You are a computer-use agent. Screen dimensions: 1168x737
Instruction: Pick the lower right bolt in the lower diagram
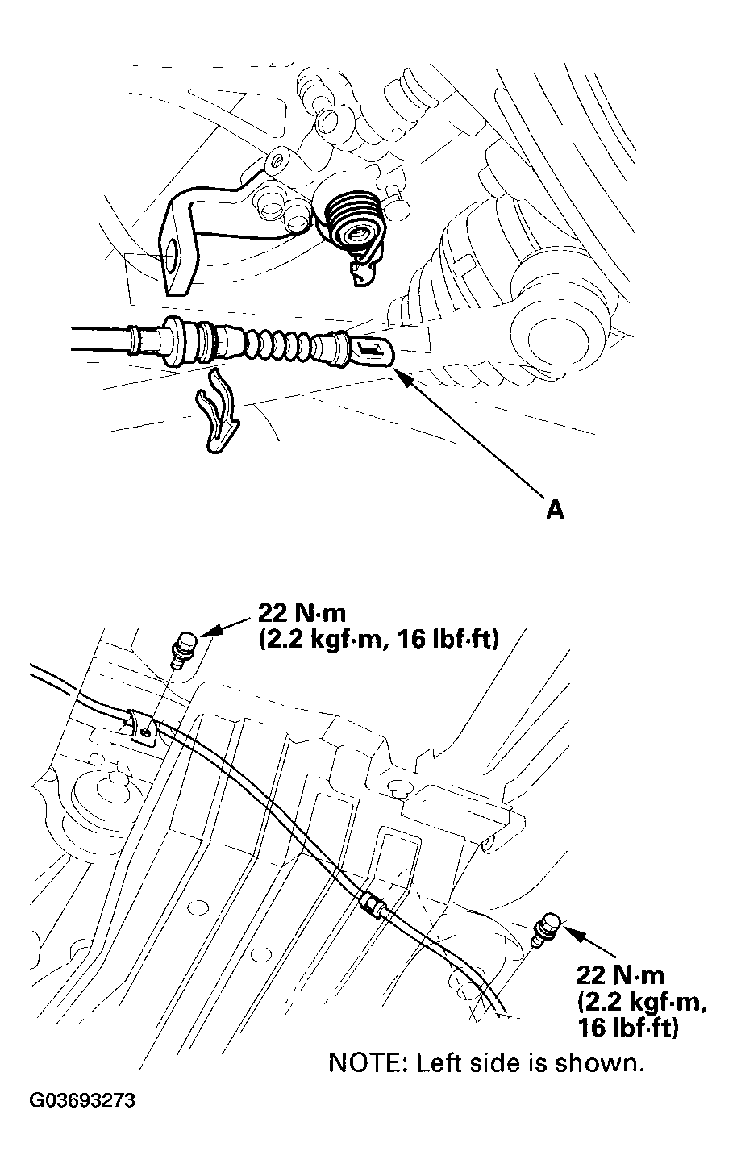point(548,928)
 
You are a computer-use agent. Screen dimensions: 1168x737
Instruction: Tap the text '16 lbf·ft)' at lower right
point(627,1028)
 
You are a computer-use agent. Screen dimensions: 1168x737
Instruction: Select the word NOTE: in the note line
point(368,1062)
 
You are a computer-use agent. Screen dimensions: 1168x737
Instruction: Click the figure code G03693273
point(82,1101)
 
